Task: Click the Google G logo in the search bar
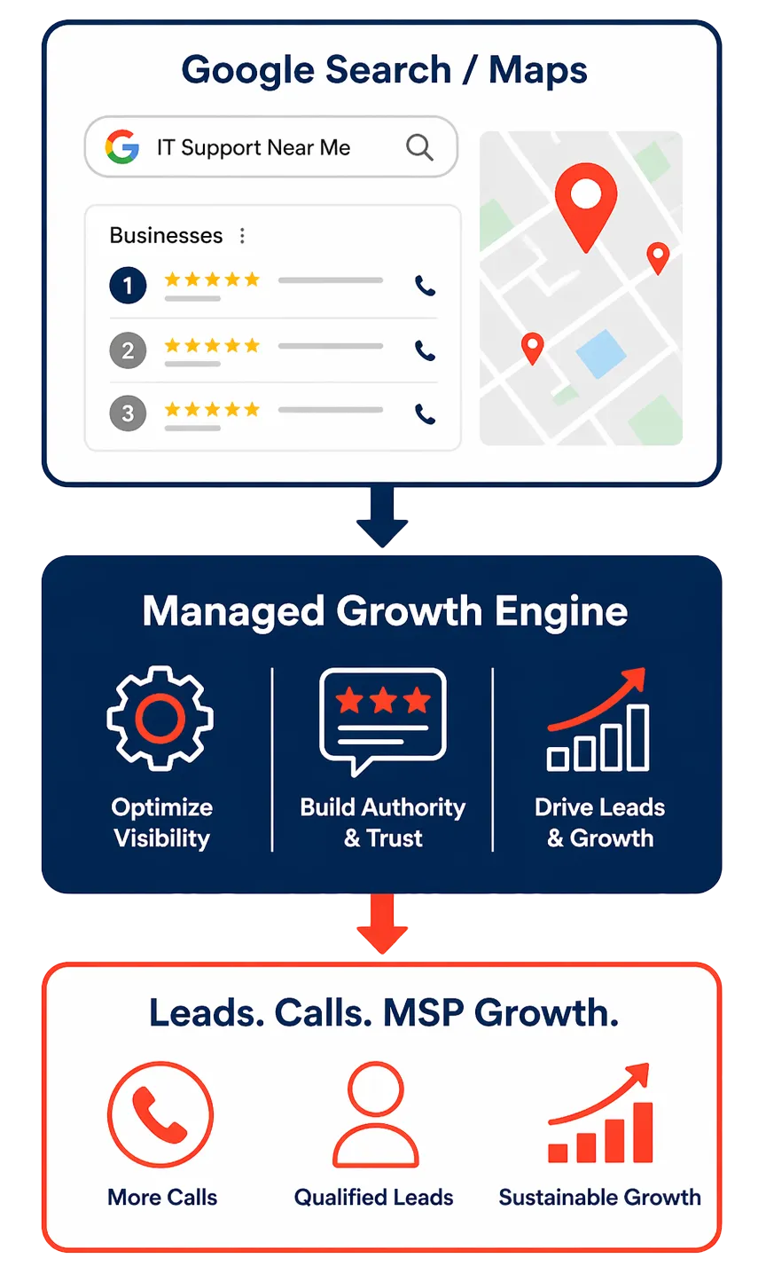point(122,147)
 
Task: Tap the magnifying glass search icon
point(419,147)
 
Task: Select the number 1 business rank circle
point(128,286)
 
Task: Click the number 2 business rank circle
point(128,350)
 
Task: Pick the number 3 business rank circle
point(128,413)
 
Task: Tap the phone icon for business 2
point(426,350)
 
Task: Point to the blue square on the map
point(601,353)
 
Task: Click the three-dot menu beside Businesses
point(242,235)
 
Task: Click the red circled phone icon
point(160,1115)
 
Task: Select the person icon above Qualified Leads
point(375,1115)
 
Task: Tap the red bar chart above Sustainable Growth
point(601,1116)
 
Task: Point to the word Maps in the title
point(538,70)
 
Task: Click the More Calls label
point(162,1197)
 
